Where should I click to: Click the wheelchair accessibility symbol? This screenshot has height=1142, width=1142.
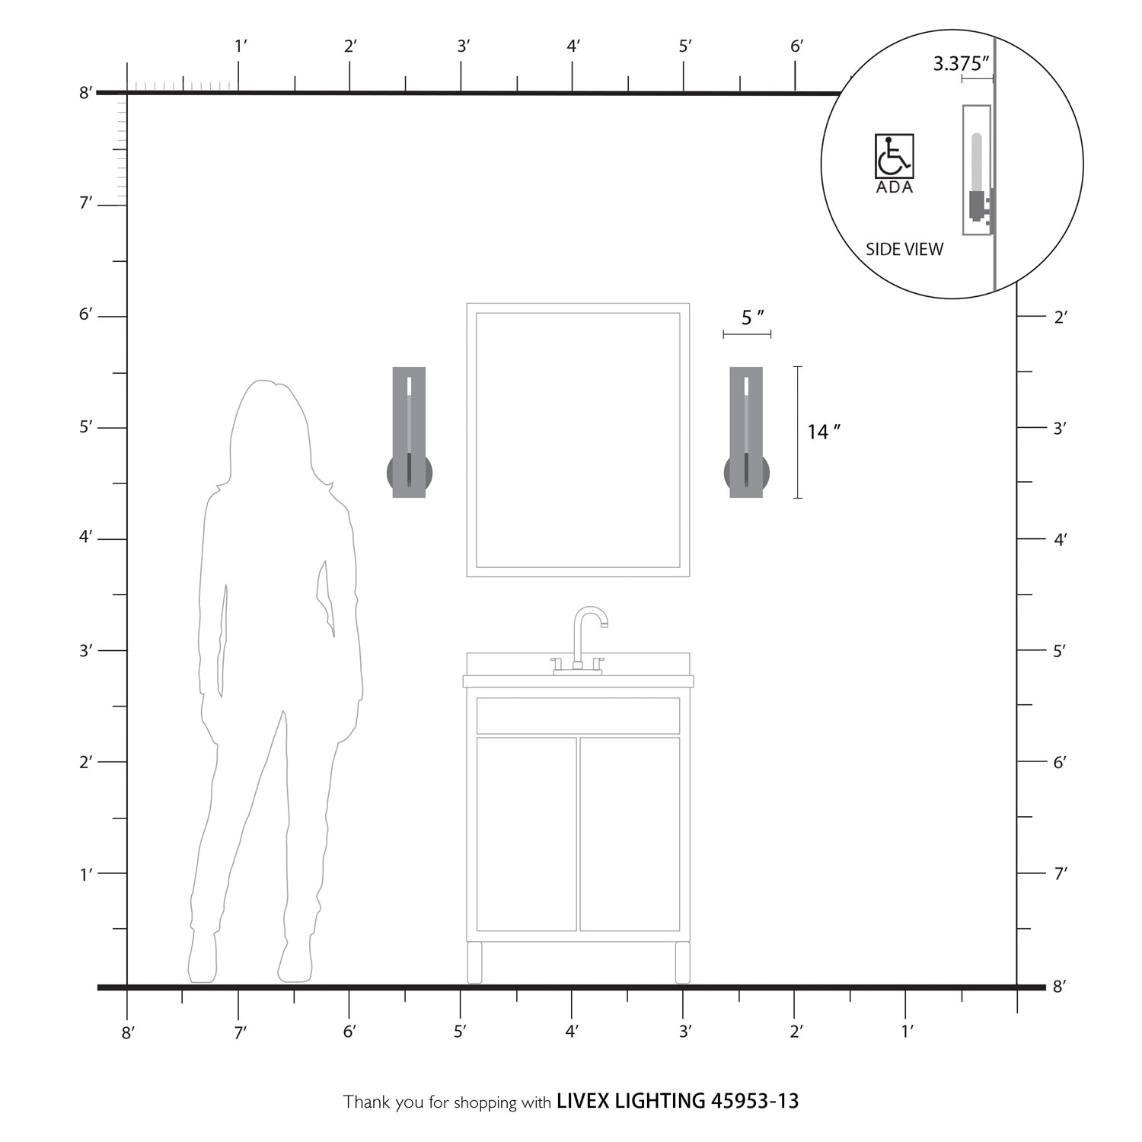click(894, 156)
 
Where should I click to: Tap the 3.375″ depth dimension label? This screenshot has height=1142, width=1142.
click(962, 64)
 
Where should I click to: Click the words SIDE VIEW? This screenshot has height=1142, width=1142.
click(904, 249)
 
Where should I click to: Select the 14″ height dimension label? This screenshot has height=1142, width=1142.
click(824, 432)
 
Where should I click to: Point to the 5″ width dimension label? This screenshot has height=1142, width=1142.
click(752, 317)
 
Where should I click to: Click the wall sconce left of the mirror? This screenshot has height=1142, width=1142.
click(410, 432)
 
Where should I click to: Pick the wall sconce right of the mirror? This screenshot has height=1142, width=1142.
click(746, 432)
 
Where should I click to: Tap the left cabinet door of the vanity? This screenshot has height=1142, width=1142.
click(527, 834)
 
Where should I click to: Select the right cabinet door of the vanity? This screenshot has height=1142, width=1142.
click(630, 834)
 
